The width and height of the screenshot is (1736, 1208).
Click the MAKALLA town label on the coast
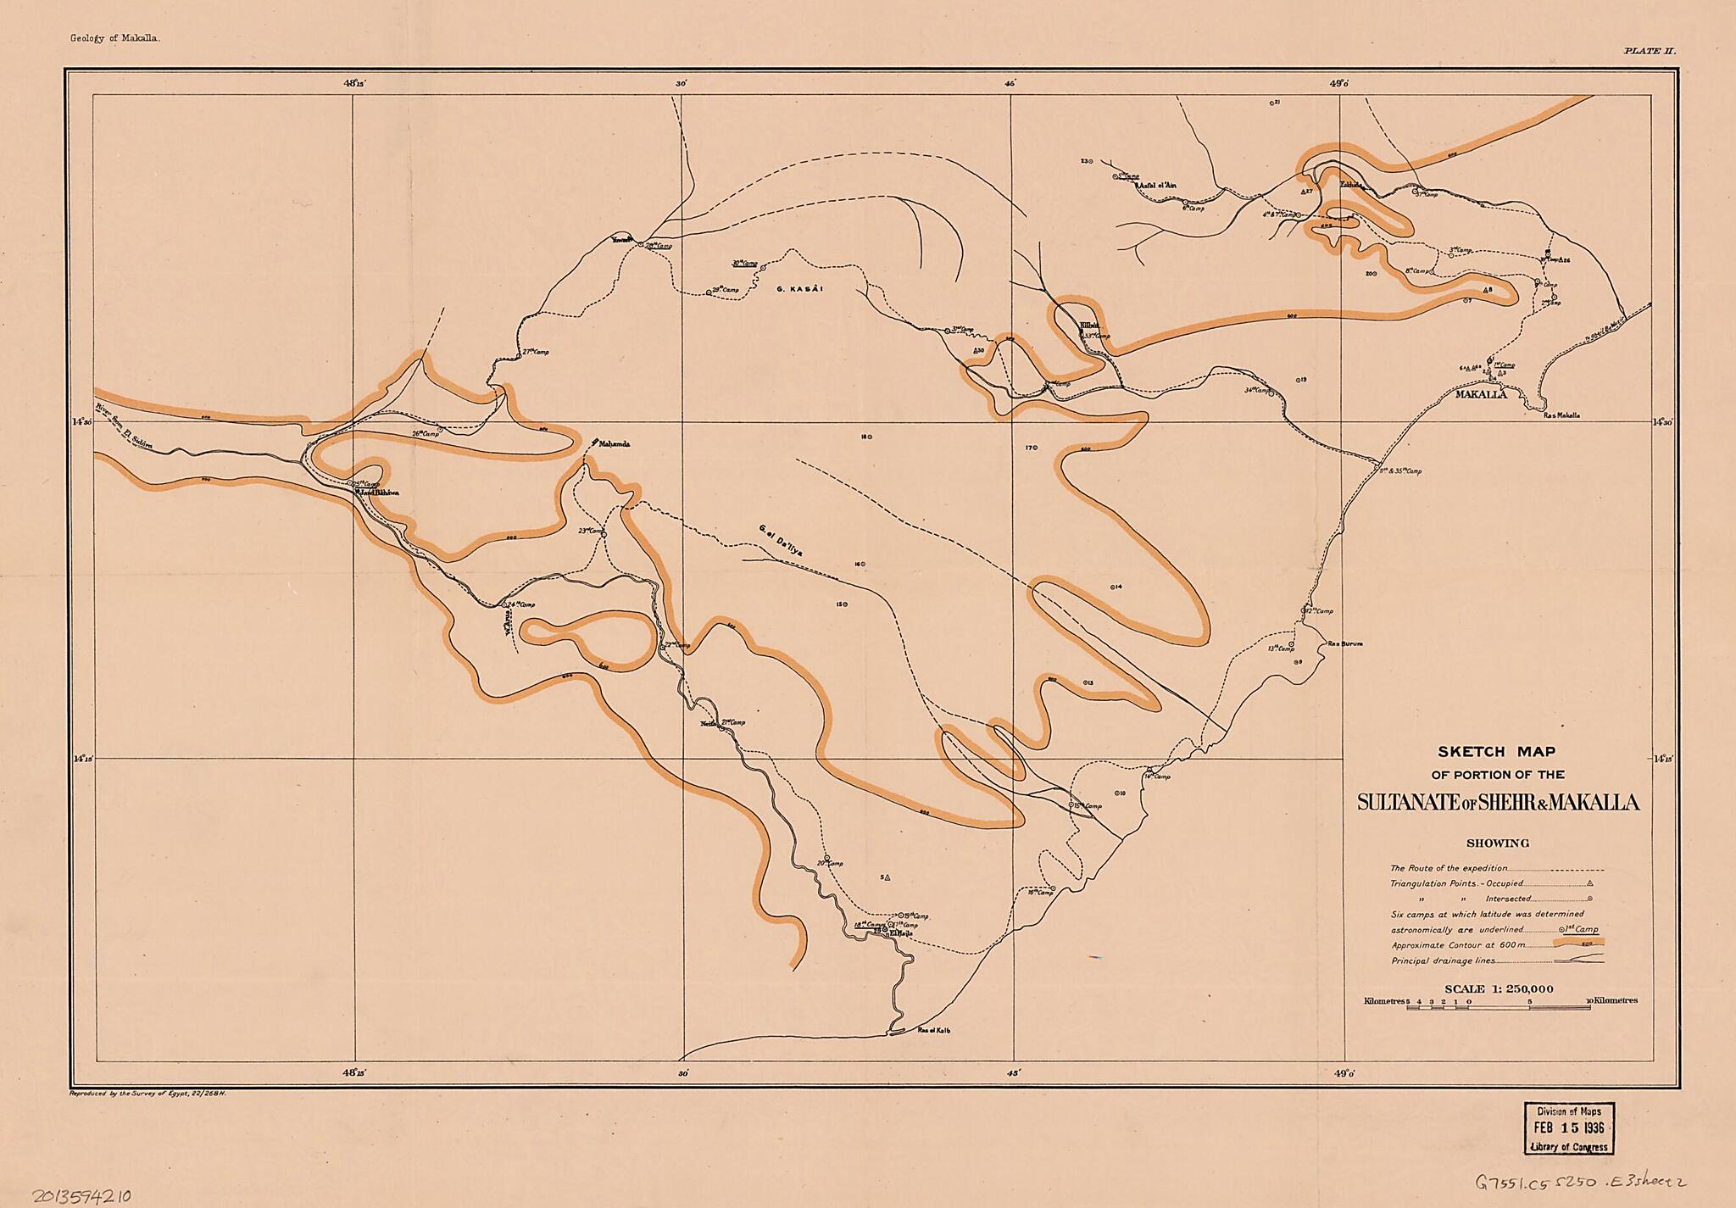coord(1481,394)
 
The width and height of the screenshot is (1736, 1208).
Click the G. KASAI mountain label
coord(800,289)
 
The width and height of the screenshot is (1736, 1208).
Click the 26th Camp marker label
coord(429,433)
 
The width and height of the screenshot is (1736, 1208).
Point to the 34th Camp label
coord(1259,390)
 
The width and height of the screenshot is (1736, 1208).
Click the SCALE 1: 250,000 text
coord(1498,988)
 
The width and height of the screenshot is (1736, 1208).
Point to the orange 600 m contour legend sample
coord(1579,943)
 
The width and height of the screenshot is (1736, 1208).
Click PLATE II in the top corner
coord(1650,52)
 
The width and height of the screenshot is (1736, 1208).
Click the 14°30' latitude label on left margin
coord(81,421)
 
